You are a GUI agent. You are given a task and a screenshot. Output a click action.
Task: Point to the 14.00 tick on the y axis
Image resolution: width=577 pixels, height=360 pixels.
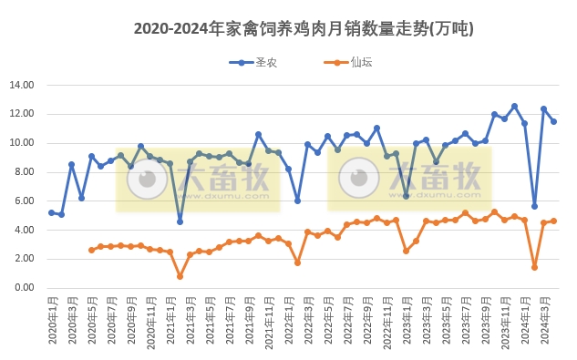pyautogui.click(x=21, y=86)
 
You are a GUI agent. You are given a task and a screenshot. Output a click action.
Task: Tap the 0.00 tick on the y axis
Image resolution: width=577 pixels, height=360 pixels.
pyautogui.click(x=23, y=288)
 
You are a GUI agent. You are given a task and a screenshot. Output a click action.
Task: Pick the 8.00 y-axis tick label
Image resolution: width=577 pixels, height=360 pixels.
pyautogui.click(x=23, y=172)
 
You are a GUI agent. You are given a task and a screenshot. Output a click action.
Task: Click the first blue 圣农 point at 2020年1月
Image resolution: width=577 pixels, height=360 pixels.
pyautogui.click(x=52, y=212)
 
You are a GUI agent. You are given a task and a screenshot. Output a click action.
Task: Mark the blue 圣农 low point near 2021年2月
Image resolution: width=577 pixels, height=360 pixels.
pyautogui.click(x=180, y=221)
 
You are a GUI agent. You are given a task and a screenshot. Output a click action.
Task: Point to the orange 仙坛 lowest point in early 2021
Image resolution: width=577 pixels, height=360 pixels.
pyautogui.click(x=180, y=276)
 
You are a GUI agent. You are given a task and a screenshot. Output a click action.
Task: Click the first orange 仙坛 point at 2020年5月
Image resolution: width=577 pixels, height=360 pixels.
pyautogui.click(x=91, y=250)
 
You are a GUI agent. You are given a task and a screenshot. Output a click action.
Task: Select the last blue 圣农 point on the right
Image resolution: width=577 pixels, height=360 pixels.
pyautogui.click(x=553, y=121)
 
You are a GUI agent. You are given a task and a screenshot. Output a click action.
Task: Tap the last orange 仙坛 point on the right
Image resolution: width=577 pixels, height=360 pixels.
pyautogui.click(x=553, y=221)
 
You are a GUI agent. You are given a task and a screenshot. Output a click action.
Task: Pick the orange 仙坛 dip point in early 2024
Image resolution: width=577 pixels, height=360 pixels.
pyautogui.click(x=534, y=267)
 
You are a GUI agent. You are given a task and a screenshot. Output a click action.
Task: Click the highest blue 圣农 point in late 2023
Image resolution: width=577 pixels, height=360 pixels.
pyautogui.click(x=514, y=107)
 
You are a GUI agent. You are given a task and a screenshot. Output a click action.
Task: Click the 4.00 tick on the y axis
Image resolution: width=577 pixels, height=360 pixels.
pyautogui.click(x=23, y=230)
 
